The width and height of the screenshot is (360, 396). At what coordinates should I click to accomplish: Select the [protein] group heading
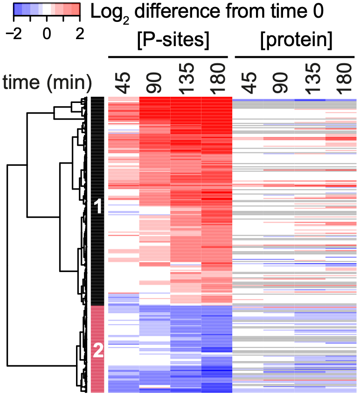[296, 42]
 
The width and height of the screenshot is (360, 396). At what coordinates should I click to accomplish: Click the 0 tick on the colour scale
[46, 35]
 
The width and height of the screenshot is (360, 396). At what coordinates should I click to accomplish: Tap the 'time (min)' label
[47, 83]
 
